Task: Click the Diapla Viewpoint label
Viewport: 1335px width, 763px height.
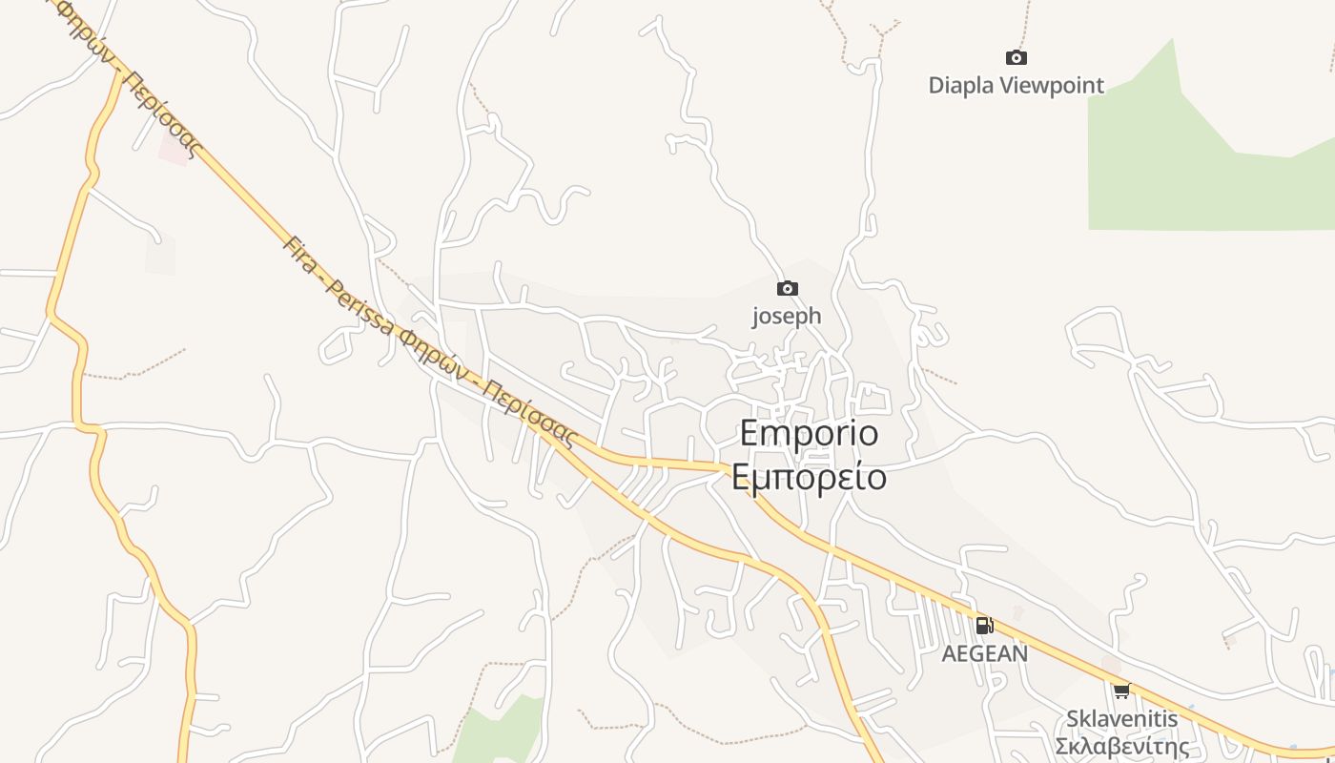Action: click(1016, 86)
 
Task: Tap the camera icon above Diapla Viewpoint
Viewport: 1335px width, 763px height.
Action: click(1017, 58)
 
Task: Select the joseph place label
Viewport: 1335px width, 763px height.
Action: click(787, 316)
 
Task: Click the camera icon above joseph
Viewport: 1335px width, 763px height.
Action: click(787, 288)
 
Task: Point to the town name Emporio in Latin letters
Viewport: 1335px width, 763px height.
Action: click(809, 434)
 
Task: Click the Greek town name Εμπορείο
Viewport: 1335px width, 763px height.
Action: click(809, 476)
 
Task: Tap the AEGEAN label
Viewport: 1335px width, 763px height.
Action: click(985, 654)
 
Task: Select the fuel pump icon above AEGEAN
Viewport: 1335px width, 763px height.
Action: click(984, 626)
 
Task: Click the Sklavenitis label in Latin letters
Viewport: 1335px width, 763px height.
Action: click(1121, 718)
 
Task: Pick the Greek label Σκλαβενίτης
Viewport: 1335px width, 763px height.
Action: click(1121, 746)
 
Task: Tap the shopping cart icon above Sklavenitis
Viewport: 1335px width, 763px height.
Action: click(1121, 691)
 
